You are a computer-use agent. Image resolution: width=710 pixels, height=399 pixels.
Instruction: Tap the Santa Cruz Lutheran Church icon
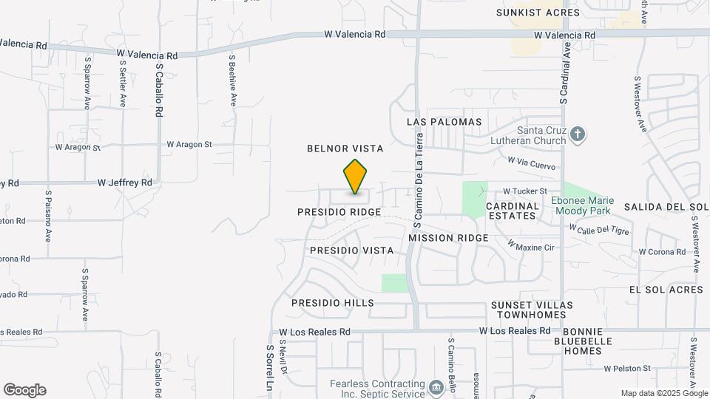[578, 134]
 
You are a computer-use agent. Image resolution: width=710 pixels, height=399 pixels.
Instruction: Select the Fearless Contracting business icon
[436, 385]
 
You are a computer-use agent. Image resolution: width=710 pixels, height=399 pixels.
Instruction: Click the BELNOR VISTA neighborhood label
[345, 149]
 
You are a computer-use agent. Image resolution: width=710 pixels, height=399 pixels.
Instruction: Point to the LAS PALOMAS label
[444, 122]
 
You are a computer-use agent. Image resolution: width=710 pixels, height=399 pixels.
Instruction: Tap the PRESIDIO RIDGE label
[339, 212]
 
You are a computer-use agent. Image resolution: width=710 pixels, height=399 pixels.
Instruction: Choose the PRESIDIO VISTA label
[351, 250]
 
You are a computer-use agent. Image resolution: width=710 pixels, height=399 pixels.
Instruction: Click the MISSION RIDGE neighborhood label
[448, 238]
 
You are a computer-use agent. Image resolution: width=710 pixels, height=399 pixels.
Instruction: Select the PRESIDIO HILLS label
[333, 303]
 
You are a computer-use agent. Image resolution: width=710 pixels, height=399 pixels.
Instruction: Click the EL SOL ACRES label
[666, 290]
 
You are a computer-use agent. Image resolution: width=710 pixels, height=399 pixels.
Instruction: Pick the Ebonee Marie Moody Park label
[589, 204]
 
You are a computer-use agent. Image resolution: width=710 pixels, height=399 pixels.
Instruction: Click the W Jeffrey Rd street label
[125, 182]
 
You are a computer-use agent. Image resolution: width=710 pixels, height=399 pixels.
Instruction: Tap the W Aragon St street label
[189, 145]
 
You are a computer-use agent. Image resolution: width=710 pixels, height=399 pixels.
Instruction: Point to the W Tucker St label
[525, 191]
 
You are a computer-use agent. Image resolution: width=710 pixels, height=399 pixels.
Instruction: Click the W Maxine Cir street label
[530, 245]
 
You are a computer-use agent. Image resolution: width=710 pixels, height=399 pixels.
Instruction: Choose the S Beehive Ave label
[232, 80]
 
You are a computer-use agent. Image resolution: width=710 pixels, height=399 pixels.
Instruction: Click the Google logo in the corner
[24, 390]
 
